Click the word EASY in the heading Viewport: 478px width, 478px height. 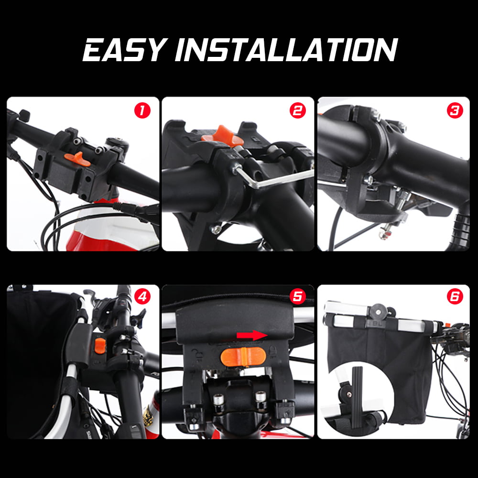pos(125,50)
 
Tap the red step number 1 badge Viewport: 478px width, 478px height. pos(142,110)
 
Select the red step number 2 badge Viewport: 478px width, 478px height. pos(297,110)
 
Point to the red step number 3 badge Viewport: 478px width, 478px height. pos(455,110)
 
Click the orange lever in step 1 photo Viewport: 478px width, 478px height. pos(77,159)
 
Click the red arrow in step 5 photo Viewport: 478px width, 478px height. pos(252,336)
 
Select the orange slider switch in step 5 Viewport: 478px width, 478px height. pos(243,356)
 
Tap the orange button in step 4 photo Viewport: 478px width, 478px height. pos(100,346)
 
